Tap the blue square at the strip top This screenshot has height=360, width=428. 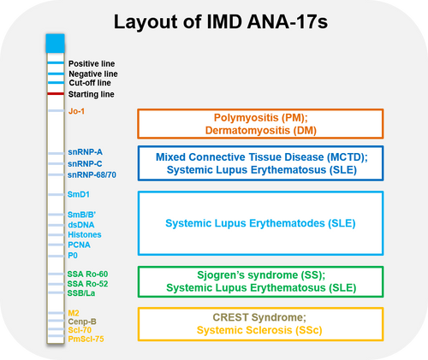click(x=55, y=40)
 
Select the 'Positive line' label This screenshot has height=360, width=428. click(x=92, y=64)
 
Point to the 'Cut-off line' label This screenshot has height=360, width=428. click(x=90, y=84)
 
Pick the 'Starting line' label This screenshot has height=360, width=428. click(x=91, y=93)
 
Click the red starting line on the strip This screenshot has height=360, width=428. click(x=55, y=93)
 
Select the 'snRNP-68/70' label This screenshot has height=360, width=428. click(x=91, y=174)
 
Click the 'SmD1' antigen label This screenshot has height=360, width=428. click(x=79, y=195)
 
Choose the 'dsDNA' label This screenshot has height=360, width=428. click(x=80, y=224)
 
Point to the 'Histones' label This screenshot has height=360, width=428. click(x=84, y=234)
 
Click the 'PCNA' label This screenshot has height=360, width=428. click(x=78, y=245)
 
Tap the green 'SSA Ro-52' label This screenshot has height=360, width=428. click(x=87, y=283)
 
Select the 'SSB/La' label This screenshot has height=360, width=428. click(x=81, y=293)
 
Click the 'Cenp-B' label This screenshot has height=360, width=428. click(x=81, y=322)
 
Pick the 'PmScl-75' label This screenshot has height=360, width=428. click(x=86, y=339)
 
